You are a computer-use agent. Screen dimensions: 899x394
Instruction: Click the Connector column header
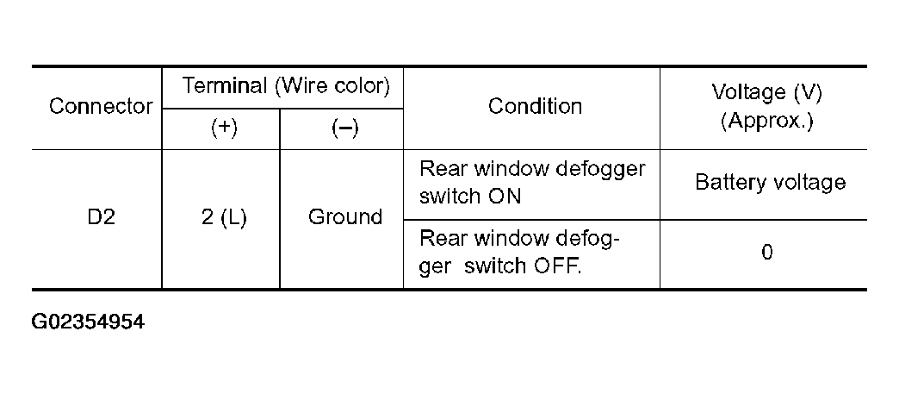[101, 106]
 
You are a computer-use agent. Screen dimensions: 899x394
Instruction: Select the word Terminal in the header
[225, 86]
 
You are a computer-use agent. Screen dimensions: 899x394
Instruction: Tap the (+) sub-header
[224, 128]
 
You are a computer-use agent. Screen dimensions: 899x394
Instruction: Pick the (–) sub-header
[344, 128]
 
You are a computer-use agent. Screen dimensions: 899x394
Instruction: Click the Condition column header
[535, 106]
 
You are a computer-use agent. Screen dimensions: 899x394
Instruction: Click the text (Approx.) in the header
[767, 121]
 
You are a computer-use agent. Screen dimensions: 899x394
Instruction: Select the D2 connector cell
[101, 217]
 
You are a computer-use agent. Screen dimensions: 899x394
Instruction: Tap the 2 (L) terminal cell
[224, 217]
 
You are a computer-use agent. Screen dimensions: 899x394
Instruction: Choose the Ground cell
[345, 217]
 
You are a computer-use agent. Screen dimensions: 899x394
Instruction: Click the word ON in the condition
[505, 197]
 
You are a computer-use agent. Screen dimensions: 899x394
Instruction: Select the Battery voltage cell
[770, 183]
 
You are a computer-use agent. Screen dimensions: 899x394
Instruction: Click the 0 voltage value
[767, 252]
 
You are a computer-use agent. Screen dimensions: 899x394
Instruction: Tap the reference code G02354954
[88, 322]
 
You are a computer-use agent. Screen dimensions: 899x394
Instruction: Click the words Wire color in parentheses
[333, 86]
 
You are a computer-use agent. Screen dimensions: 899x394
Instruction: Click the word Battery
[728, 183]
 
